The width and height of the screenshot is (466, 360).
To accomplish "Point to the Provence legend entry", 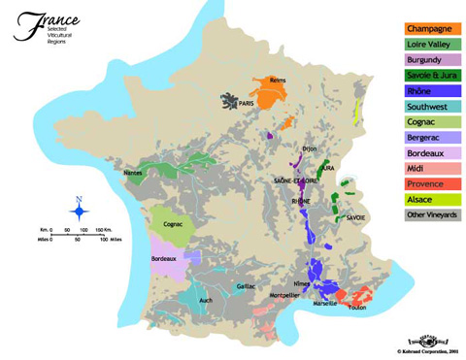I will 430,184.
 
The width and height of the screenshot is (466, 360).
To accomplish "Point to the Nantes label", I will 132,173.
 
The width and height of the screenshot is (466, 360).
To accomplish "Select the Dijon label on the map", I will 309,147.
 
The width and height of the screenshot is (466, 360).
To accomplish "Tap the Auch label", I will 205,301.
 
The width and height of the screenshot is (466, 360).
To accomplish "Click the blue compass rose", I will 78,208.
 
